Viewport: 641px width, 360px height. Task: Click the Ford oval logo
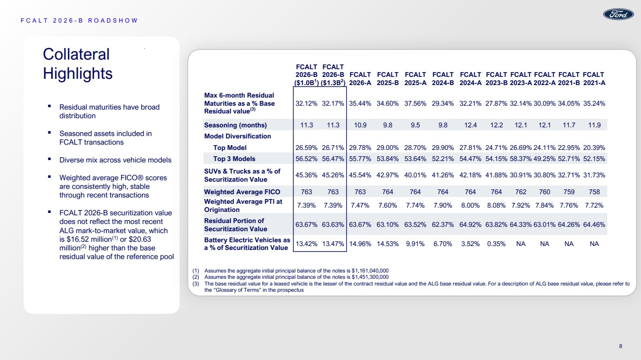[x=618, y=14]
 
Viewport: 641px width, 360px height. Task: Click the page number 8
[x=620, y=346]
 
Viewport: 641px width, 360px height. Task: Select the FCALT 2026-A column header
[x=360, y=79]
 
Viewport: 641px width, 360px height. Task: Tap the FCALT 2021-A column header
[x=594, y=79]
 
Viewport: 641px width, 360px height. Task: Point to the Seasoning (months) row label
[x=235, y=125]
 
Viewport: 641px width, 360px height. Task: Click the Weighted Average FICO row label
[x=242, y=192]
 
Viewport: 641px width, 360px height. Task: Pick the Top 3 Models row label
[x=234, y=159]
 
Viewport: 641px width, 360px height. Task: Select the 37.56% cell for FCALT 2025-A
[x=415, y=103]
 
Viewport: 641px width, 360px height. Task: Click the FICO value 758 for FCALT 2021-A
[x=594, y=192]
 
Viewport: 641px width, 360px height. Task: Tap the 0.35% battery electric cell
[x=496, y=244]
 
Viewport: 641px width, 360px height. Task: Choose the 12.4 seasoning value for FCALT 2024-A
[x=470, y=125]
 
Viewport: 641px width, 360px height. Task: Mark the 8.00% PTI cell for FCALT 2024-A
[x=470, y=205]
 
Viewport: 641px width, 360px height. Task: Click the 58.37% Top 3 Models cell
[x=520, y=159]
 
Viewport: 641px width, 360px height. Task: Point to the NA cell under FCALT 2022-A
[x=544, y=244]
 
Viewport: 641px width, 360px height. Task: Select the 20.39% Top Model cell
[x=594, y=148]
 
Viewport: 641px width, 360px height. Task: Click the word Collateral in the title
[x=76, y=54]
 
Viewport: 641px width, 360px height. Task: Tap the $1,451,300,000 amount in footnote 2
[x=370, y=277]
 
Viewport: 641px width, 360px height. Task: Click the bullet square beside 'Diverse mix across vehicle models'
[x=50, y=159]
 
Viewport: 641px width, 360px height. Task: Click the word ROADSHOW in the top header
[x=113, y=21]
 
